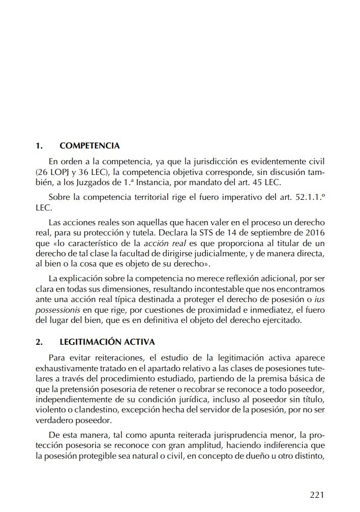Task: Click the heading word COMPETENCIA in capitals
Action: tap(89, 146)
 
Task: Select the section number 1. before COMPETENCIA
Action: tap(39, 146)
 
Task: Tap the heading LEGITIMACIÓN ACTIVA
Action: tap(107, 342)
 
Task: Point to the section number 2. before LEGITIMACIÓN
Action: tap(39, 342)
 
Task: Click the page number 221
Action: tap(316, 494)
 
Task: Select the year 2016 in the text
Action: tap(313, 234)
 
